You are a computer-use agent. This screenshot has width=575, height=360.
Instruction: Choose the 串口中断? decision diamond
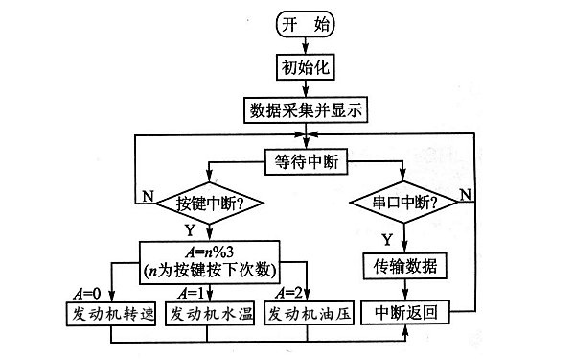click(402, 203)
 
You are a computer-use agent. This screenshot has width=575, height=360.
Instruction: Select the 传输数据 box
click(403, 265)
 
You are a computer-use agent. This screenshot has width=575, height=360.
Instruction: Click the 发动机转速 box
click(105, 313)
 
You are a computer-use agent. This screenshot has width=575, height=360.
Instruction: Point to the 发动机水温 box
click(210, 313)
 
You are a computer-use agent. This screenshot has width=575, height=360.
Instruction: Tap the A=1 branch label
click(189, 293)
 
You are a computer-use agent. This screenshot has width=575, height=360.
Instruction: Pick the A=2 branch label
click(290, 293)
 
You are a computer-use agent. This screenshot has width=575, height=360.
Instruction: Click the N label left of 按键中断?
click(148, 195)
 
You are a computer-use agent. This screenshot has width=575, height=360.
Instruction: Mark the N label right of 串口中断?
click(465, 195)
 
